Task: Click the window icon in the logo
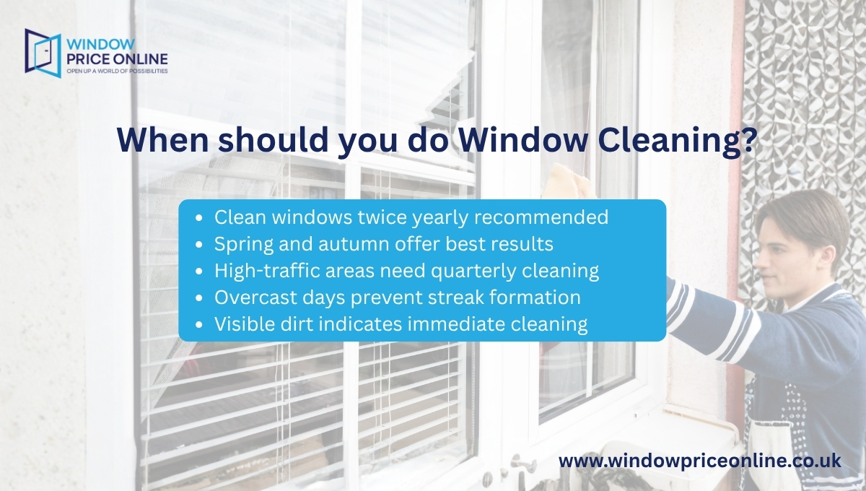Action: [x=43, y=52]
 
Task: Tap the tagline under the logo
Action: [x=116, y=72]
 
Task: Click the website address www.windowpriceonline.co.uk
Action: [x=700, y=461]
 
